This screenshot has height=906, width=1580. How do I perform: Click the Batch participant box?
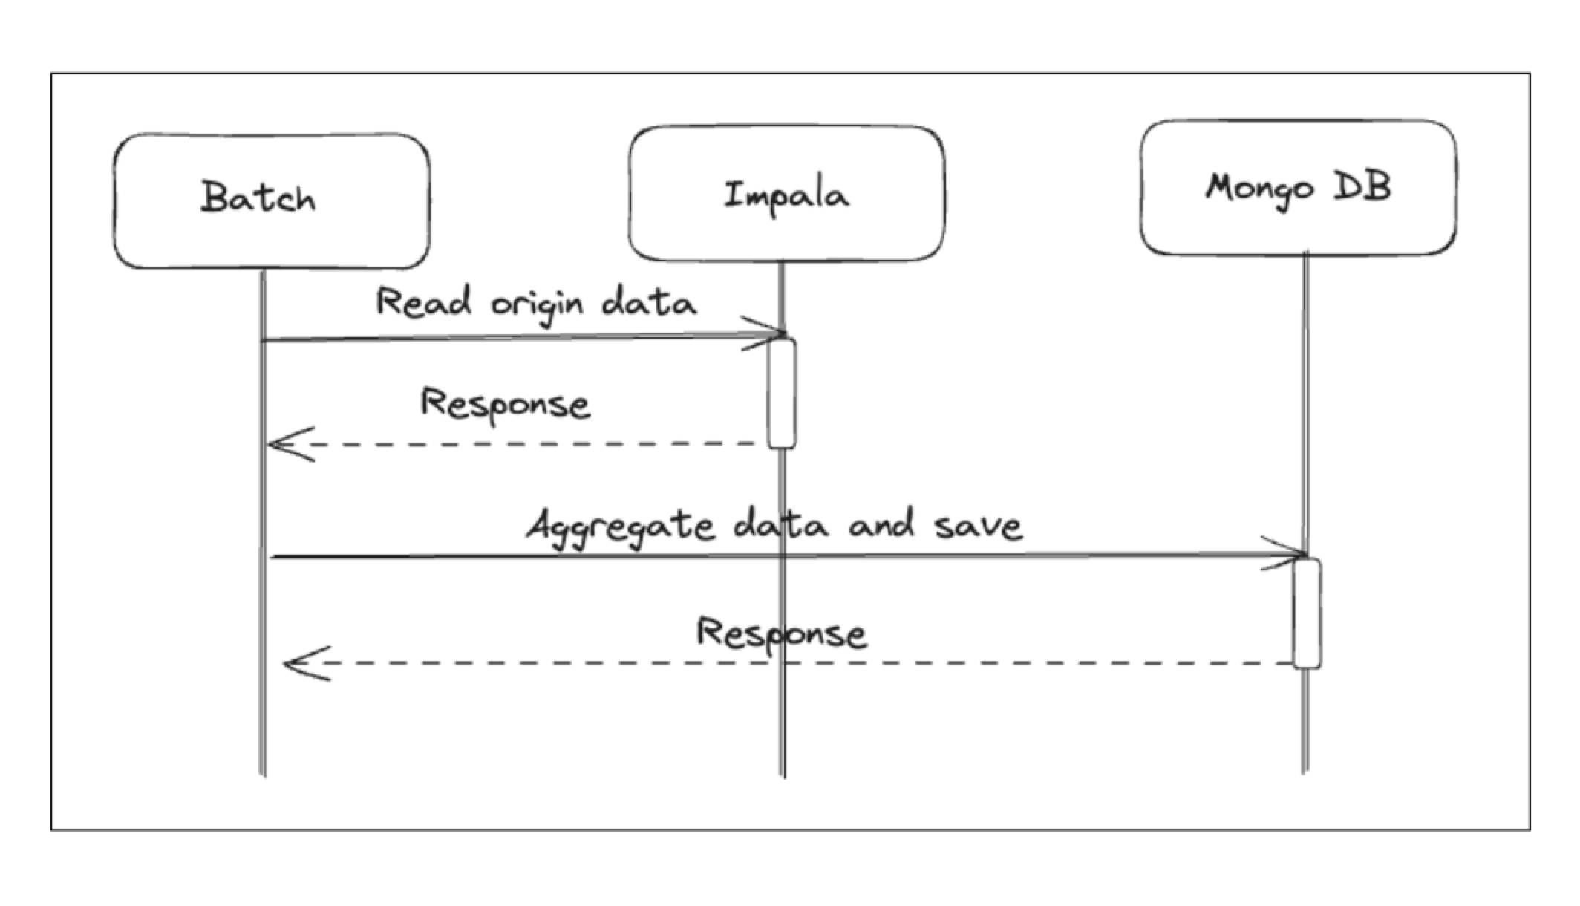[272, 201]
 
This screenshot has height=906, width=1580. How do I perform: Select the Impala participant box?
[787, 194]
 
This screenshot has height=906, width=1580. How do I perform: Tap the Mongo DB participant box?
[1299, 188]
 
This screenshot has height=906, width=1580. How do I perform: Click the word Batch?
[258, 198]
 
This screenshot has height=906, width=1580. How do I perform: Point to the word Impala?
[786, 197]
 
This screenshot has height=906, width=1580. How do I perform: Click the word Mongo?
[1259, 189]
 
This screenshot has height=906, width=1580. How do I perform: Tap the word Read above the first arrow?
[424, 302]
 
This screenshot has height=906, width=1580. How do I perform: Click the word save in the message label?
[978, 526]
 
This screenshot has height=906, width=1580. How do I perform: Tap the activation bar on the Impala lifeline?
[782, 394]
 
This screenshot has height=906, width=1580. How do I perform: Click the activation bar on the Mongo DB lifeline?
[1307, 613]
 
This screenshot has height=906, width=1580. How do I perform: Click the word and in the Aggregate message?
[881, 524]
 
